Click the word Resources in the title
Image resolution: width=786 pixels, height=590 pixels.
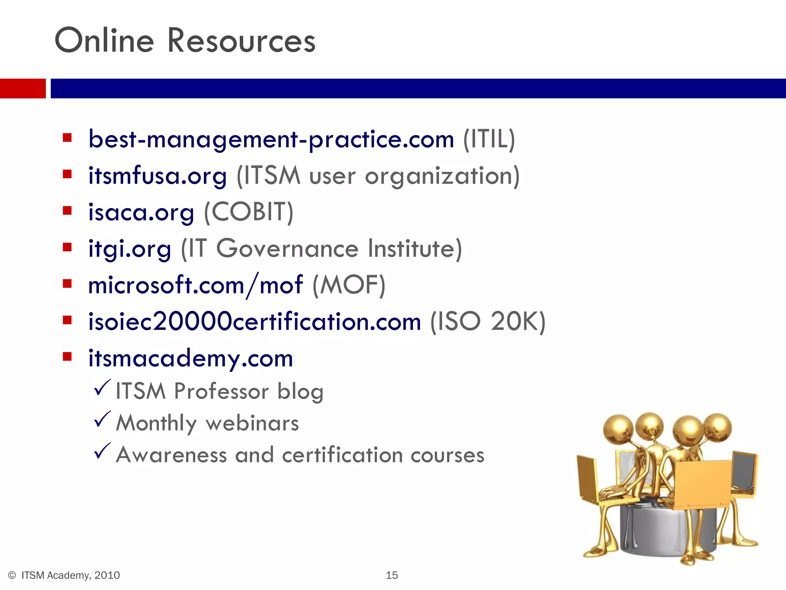[x=241, y=41]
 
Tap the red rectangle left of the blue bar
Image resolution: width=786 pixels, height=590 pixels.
[x=23, y=88]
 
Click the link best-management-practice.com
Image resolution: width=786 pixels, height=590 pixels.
[x=271, y=139]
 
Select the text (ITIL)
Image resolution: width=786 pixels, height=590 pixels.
[x=489, y=139]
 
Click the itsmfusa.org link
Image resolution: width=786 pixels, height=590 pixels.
[x=157, y=176]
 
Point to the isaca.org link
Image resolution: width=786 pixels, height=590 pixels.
[x=141, y=212]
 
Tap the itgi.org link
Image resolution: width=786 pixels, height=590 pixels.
[x=129, y=249]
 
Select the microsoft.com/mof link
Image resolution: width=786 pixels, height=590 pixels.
[x=195, y=285]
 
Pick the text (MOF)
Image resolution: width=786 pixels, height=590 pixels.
[x=348, y=285]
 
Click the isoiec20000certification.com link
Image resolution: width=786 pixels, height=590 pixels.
[x=254, y=322]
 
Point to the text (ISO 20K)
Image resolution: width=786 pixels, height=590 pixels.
[x=487, y=322]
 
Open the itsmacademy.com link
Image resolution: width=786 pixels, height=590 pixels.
[x=190, y=358]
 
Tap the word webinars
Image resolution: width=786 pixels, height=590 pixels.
[x=252, y=423]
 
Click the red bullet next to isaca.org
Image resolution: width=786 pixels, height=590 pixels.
[x=68, y=210]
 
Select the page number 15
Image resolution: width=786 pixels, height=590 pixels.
[x=391, y=575]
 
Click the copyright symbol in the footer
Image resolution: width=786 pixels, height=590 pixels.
[x=12, y=575]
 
